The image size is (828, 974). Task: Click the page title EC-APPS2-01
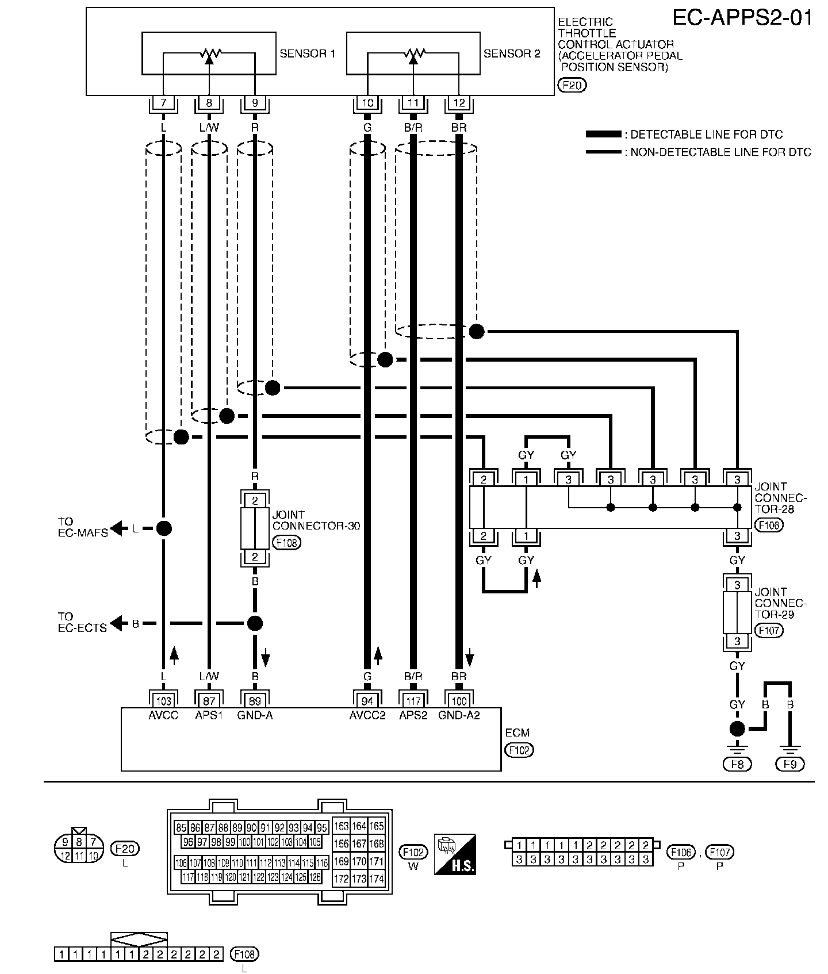click(x=743, y=18)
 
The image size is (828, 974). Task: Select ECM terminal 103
click(x=163, y=701)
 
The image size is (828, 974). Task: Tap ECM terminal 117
click(x=413, y=701)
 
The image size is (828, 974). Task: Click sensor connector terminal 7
click(x=163, y=103)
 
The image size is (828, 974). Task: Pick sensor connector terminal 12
click(x=459, y=103)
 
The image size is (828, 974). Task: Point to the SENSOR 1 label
click(x=308, y=54)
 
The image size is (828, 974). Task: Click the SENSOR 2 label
click(x=512, y=54)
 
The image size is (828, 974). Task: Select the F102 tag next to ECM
click(x=519, y=750)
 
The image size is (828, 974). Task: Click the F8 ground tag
click(x=737, y=764)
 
